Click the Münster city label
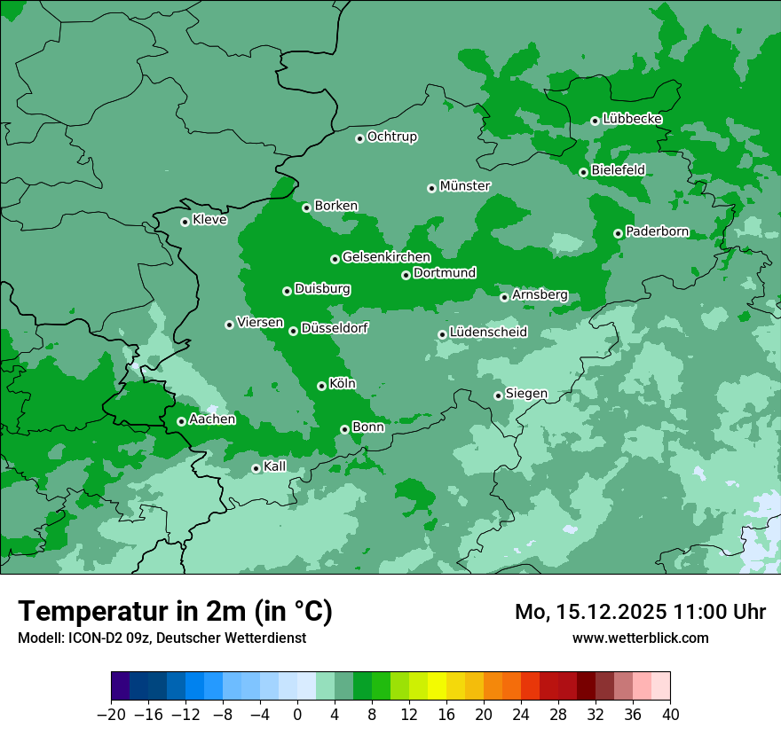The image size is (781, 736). pos(464,186)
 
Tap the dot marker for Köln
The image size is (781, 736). pos(321,386)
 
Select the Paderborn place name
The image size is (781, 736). pos(657,232)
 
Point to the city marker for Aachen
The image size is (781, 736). pos(181,421)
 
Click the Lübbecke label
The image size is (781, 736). pos(632,119)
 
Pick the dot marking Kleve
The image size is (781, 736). pos(185,222)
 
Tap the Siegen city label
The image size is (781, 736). pos(526,394)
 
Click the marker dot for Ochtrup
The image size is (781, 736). pos(359,138)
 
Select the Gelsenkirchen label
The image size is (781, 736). pos(386,257)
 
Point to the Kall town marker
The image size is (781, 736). pos(256,468)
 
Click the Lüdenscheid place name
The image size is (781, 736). pos(488,333)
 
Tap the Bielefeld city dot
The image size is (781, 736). pos(583,172)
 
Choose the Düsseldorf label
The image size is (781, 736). pos(335,328)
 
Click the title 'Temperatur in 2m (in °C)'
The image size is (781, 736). pos(176,612)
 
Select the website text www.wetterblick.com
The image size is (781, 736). pos(640,638)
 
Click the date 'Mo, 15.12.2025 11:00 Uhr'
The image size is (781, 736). pos(640,612)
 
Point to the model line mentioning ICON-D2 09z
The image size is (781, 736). pos(162,638)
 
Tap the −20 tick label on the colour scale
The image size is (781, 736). pos(111,715)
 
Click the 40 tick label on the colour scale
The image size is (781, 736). pos(670,715)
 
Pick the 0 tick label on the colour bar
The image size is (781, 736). pos(297,715)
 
